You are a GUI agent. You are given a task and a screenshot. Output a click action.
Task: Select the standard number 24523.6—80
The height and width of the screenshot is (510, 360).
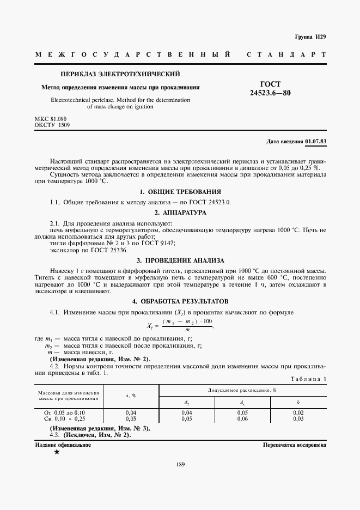270,93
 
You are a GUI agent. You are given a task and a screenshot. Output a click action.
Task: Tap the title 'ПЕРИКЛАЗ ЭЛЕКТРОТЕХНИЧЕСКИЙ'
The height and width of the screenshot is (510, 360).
120,74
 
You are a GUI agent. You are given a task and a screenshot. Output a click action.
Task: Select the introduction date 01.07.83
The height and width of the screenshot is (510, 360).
315,142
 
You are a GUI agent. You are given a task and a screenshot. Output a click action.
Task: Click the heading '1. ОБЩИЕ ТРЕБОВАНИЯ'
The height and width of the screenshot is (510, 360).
180,192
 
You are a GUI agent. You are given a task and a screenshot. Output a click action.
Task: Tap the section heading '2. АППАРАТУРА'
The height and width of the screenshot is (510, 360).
180,212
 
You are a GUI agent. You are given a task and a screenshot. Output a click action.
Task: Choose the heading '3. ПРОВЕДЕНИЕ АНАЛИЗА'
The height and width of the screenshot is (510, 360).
180,260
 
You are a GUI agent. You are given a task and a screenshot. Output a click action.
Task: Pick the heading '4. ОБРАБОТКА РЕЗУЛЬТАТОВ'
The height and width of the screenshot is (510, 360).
180,301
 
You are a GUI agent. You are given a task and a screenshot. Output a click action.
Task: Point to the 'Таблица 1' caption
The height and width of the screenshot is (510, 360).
309,379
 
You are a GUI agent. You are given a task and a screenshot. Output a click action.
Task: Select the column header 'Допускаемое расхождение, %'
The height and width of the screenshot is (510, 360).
242,391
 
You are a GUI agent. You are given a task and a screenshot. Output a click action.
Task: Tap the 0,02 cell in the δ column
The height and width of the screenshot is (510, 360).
298,413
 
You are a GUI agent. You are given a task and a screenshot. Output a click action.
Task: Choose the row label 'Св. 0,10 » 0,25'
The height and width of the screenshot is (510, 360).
64,419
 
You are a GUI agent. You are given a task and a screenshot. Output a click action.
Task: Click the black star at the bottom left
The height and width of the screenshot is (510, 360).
57,452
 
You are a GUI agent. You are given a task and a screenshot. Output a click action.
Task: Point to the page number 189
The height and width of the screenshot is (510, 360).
180,465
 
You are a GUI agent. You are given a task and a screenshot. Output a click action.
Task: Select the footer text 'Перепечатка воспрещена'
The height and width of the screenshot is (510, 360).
294,445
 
